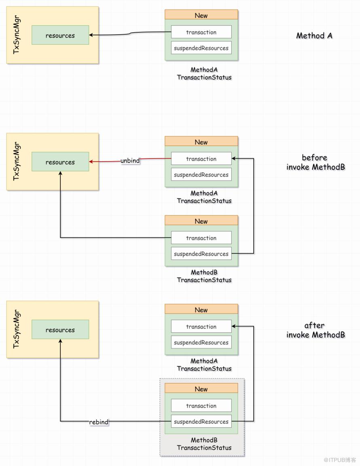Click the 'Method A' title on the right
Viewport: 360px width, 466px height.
(x=314, y=36)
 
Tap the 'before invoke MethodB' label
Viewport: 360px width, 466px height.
(x=316, y=162)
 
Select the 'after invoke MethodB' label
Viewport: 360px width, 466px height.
(x=316, y=330)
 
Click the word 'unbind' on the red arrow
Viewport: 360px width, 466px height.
(x=130, y=160)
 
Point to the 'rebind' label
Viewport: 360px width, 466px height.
(x=99, y=422)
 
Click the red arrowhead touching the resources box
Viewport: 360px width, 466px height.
(x=91, y=162)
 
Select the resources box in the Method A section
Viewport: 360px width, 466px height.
(x=60, y=35)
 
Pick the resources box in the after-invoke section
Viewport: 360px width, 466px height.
(x=60, y=329)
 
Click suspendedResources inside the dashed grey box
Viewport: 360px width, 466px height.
(x=201, y=422)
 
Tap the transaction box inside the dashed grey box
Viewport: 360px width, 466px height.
(x=201, y=406)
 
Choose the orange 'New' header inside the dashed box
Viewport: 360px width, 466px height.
(x=201, y=388)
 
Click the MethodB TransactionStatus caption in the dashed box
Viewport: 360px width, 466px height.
(x=204, y=444)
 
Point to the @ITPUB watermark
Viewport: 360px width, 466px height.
(x=340, y=460)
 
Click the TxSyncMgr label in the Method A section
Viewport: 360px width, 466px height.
(x=17, y=35)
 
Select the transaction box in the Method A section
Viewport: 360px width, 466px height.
(x=201, y=32)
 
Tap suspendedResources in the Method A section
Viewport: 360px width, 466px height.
(x=201, y=48)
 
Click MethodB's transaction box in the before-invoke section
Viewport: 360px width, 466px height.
(x=201, y=238)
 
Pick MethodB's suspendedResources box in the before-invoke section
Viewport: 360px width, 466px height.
(x=201, y=253)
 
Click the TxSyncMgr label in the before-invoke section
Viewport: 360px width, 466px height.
(x=17, y=161)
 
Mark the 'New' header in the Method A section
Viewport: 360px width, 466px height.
(x=201, y=15)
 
